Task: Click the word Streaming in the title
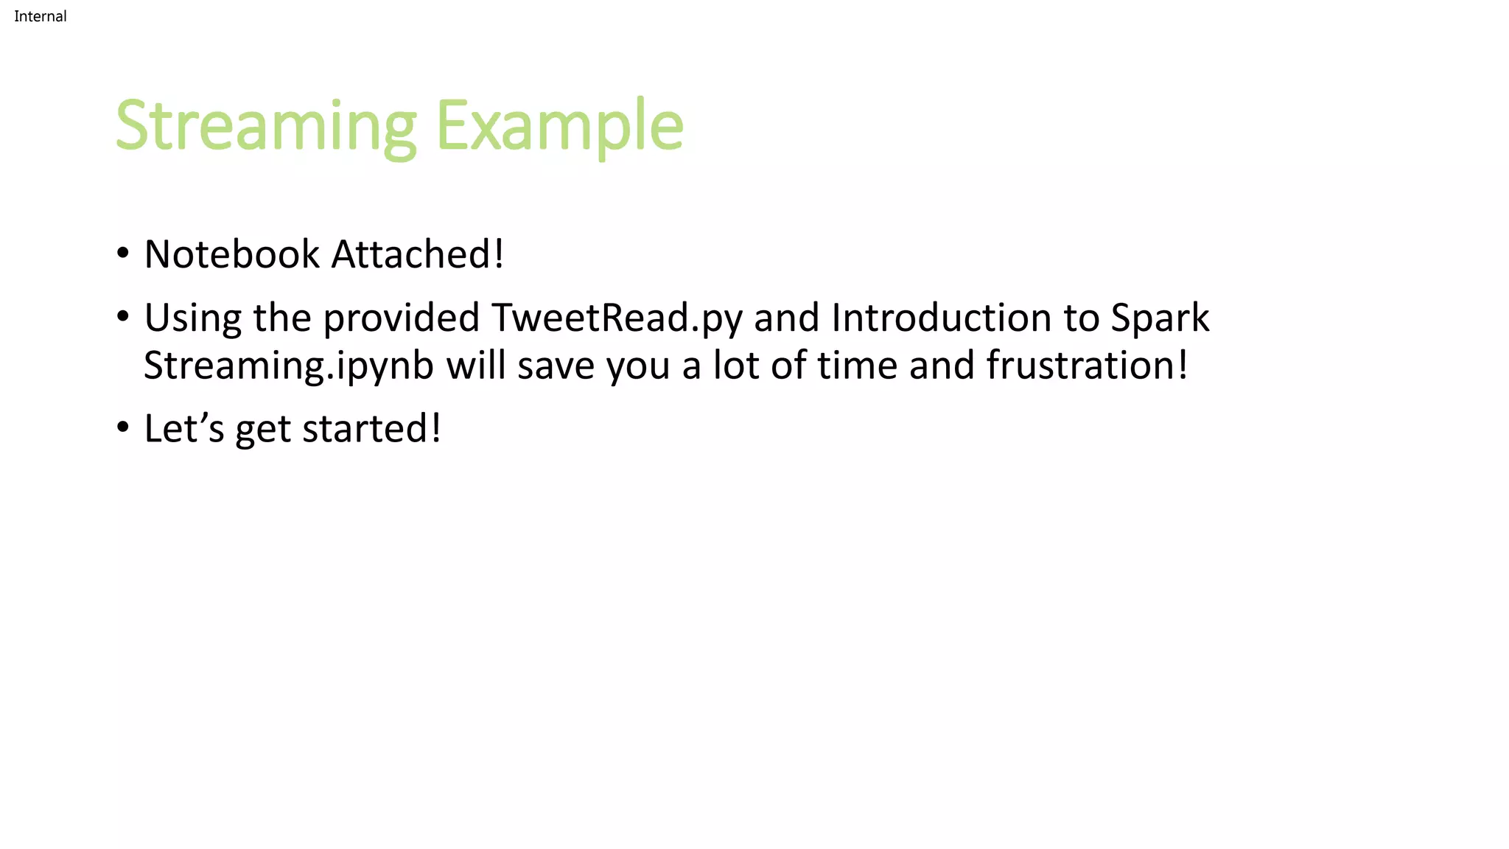[x=266, y=127]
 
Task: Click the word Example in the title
[x=560, y=127]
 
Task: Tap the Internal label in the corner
[x=41, y=16]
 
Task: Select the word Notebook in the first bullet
[x=232, y=254]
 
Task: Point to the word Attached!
[x=418, y=254]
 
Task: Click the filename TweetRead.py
[x=617, y=318]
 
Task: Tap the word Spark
[x=1160, y=318]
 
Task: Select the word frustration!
[x=1087, y=366]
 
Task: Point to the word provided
[x=402, y=318]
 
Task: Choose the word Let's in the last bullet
[x=183, y=429]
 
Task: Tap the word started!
[x=371, y=429]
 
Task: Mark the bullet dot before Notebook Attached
[x=123, y=254]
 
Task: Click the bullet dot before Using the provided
[x=123, y=317]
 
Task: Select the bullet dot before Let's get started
[x=123, y=427]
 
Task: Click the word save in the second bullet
[x=556, y=366]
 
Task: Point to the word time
[x=857, y=366]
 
